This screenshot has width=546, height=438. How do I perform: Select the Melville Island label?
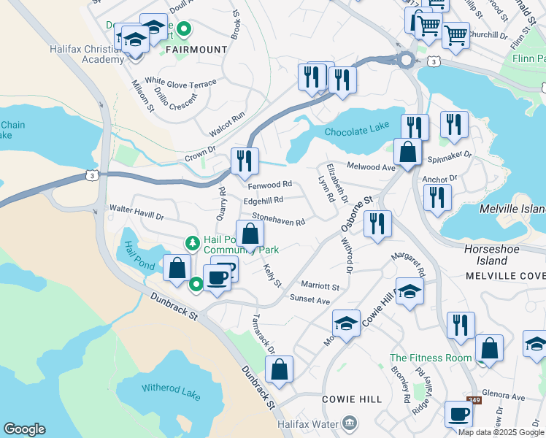pos(512,209)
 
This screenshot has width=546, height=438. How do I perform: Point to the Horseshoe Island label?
pos(485,255)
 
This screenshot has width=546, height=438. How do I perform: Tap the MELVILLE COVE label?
pos(505,276)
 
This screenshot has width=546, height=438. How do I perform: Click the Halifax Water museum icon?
pos(350,423)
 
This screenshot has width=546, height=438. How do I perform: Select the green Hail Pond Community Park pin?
pos(192,242)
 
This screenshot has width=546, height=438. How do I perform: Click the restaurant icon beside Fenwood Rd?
pos(245,161)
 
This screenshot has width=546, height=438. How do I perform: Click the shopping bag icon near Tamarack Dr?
pos(279,369)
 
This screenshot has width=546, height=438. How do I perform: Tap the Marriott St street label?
pos(320,287)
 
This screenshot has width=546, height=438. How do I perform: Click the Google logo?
pos(24,429)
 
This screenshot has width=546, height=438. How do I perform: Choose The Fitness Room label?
pos(431,358)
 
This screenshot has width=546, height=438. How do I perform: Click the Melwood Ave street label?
pos(370,166)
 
